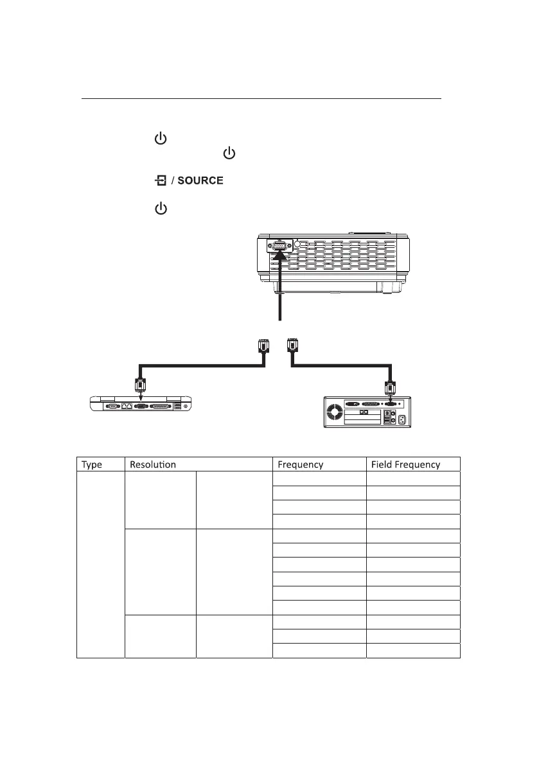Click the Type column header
(x=92, y=464)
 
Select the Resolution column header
(x=153, y=464)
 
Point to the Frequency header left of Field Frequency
(x=300, y=464)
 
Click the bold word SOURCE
(x=200, y=181)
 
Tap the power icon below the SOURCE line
(x=161, y=209)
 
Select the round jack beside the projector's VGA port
(x=297, y=244)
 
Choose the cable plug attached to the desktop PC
(x=389, y=389)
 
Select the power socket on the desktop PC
(x=403, y=420)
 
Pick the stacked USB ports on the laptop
(x=177, y=406)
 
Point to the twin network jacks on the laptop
(x=128, y=406)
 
